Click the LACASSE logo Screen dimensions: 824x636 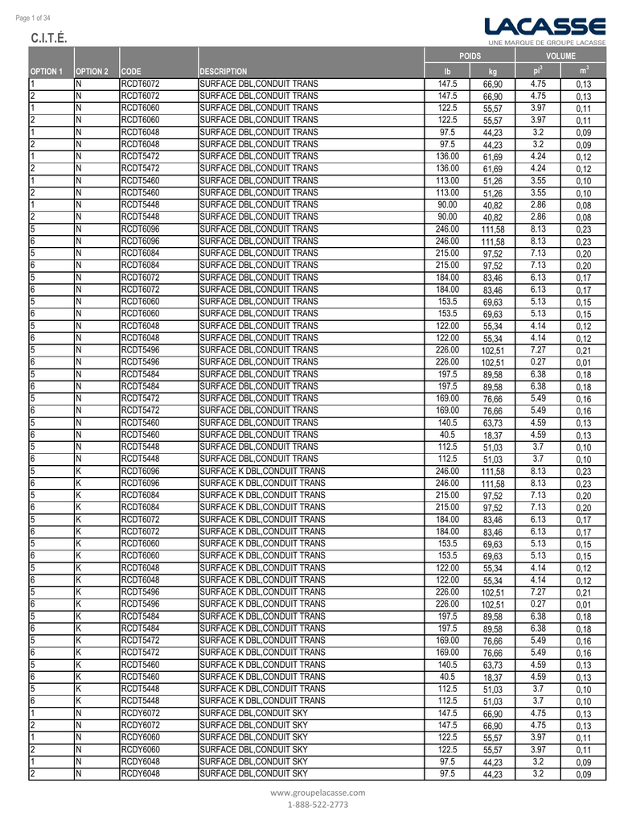[x=545, y=26]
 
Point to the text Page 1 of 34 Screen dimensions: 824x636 [x=33, y=18]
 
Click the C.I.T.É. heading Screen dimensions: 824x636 [x=48, y=39]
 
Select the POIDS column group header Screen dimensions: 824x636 [x=470, y=56]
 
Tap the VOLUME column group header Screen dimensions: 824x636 [x=560, y=56]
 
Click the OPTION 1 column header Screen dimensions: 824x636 [x=47, y=71]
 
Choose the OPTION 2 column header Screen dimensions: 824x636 [x=93, y=71]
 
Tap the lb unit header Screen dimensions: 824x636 [x=448, y=71]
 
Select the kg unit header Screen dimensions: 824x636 [x=493, y=72]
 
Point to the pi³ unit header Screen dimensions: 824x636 [x=538, y=71]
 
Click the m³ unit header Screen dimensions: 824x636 [x=584, y=71]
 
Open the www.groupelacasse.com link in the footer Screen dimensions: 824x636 [x=318, y=793]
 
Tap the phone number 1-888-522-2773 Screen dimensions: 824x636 [x=318, y=804]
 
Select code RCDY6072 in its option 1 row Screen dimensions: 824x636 [x=141, y=712]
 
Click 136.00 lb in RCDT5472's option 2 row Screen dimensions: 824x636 [x=448, y=168]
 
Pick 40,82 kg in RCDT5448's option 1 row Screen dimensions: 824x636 [x=493, y=205]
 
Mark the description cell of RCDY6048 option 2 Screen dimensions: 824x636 [x=253, y=773]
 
